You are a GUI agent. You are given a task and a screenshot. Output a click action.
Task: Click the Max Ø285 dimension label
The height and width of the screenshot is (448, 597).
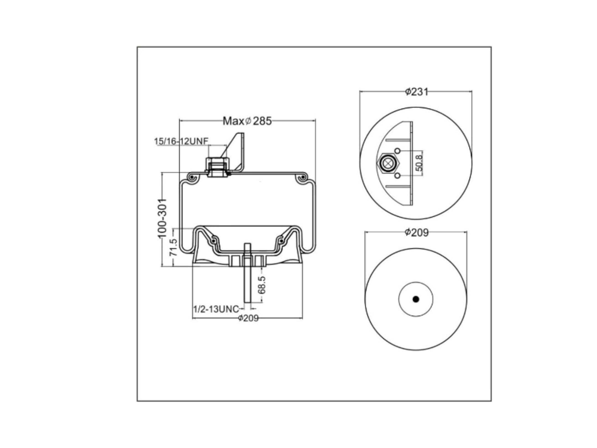point(247,121)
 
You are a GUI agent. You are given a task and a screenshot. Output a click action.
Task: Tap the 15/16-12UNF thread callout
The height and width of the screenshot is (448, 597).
point(181,141)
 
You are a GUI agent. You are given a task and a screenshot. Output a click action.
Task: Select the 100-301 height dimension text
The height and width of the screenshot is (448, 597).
point(162,218)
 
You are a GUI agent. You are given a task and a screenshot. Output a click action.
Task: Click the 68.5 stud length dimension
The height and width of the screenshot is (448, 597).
point(261,285)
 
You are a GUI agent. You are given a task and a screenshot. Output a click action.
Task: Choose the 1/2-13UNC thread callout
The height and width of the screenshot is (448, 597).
point(216,309)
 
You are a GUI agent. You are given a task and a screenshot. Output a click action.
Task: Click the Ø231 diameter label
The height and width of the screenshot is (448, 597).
point(417,92)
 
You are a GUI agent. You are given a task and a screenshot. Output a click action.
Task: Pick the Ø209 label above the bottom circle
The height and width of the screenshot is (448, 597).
point(417,232)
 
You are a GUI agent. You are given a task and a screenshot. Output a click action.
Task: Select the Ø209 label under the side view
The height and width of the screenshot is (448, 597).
point(248,318)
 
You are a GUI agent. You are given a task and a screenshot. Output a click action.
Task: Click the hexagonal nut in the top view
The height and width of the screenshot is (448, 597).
point(388,163)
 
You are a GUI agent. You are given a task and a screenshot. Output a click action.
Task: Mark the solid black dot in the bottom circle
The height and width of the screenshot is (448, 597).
point(416,299)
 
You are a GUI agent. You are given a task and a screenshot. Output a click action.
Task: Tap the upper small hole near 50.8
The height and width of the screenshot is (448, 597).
point(397,151)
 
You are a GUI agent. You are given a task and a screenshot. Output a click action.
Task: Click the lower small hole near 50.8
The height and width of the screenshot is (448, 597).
point(397,176)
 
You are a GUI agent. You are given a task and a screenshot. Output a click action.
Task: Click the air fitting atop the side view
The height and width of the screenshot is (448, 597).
point(217,167)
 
